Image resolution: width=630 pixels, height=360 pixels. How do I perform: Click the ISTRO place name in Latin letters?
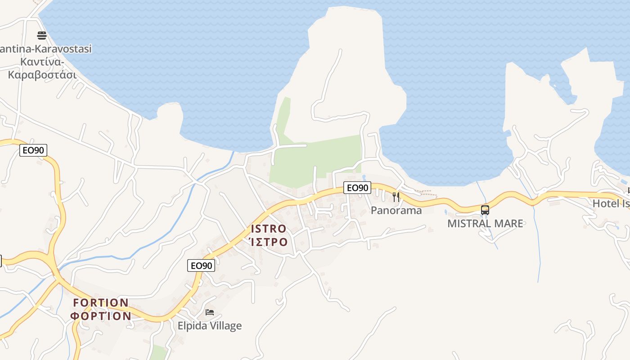(269, 229)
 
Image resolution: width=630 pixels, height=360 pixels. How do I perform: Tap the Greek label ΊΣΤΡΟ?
(268, 242)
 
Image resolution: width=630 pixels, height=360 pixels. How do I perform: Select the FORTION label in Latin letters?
(101, 302)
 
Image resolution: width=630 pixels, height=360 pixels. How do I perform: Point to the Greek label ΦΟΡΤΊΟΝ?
(101, 315)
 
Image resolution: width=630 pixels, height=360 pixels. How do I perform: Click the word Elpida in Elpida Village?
(192, 326)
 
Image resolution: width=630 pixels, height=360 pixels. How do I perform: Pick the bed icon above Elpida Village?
(210, 312)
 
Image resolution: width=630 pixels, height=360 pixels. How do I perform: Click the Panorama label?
(396, 210)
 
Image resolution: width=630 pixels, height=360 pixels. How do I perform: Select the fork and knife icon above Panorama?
(396, 197)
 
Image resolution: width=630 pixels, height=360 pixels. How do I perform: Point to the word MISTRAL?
(468, 223)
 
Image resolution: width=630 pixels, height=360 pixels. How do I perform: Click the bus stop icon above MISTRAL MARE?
(485, 210)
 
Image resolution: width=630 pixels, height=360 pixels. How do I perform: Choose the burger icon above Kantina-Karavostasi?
(42, 35)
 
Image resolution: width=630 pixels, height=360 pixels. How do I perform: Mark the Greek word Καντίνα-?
(42, 61)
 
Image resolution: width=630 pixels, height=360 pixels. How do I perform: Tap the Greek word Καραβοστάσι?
(42, 74)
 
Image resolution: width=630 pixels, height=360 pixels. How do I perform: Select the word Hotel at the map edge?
(606, 203)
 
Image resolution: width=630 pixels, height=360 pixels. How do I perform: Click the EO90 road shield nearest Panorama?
(358, 188)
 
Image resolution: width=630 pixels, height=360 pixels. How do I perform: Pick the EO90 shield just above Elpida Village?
(201, 265)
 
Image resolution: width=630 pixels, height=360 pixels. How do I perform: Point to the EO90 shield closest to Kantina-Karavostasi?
(33, 150)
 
